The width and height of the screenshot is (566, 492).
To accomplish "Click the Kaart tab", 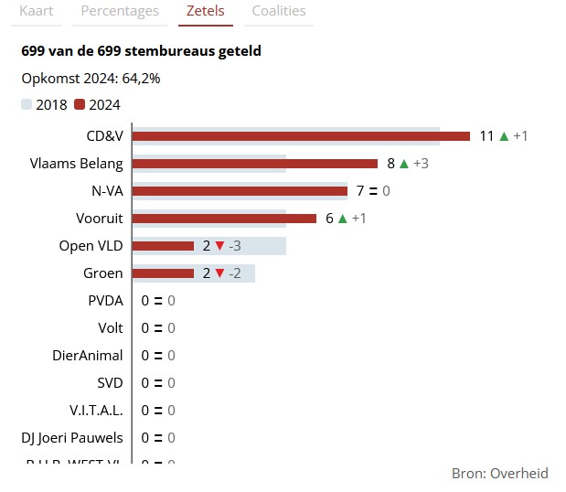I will coord(37,11).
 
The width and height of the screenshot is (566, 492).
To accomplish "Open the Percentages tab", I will coord(120,11).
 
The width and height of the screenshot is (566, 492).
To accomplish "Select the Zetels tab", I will coord(206,11).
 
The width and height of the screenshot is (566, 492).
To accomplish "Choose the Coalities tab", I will coord(279,11).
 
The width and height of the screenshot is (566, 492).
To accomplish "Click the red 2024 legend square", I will coord(80,104).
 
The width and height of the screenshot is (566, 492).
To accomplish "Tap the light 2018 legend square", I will coord(27,104).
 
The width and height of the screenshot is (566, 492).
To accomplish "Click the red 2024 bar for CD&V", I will coord(301,136).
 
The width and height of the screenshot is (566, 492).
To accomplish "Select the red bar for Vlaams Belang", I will coord(255,164).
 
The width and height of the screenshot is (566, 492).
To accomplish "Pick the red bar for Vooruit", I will coord(225,219).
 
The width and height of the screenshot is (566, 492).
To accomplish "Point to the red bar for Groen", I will coord(164,273).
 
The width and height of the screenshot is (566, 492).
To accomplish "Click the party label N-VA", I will coord(107,191).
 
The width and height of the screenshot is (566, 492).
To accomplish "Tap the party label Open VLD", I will coord(91,246).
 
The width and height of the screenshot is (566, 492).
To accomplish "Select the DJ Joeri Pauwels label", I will coord(72,438).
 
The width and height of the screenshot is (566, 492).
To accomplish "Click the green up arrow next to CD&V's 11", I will coord(503,136).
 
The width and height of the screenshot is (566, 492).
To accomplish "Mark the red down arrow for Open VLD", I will coord(219,246).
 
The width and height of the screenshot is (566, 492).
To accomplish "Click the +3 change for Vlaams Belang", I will coord(422,164).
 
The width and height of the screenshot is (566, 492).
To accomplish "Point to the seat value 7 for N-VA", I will coord(360,191).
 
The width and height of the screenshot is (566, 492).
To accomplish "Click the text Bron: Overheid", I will coord(499,473).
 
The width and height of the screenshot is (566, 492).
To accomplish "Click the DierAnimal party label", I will coord(88,356).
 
